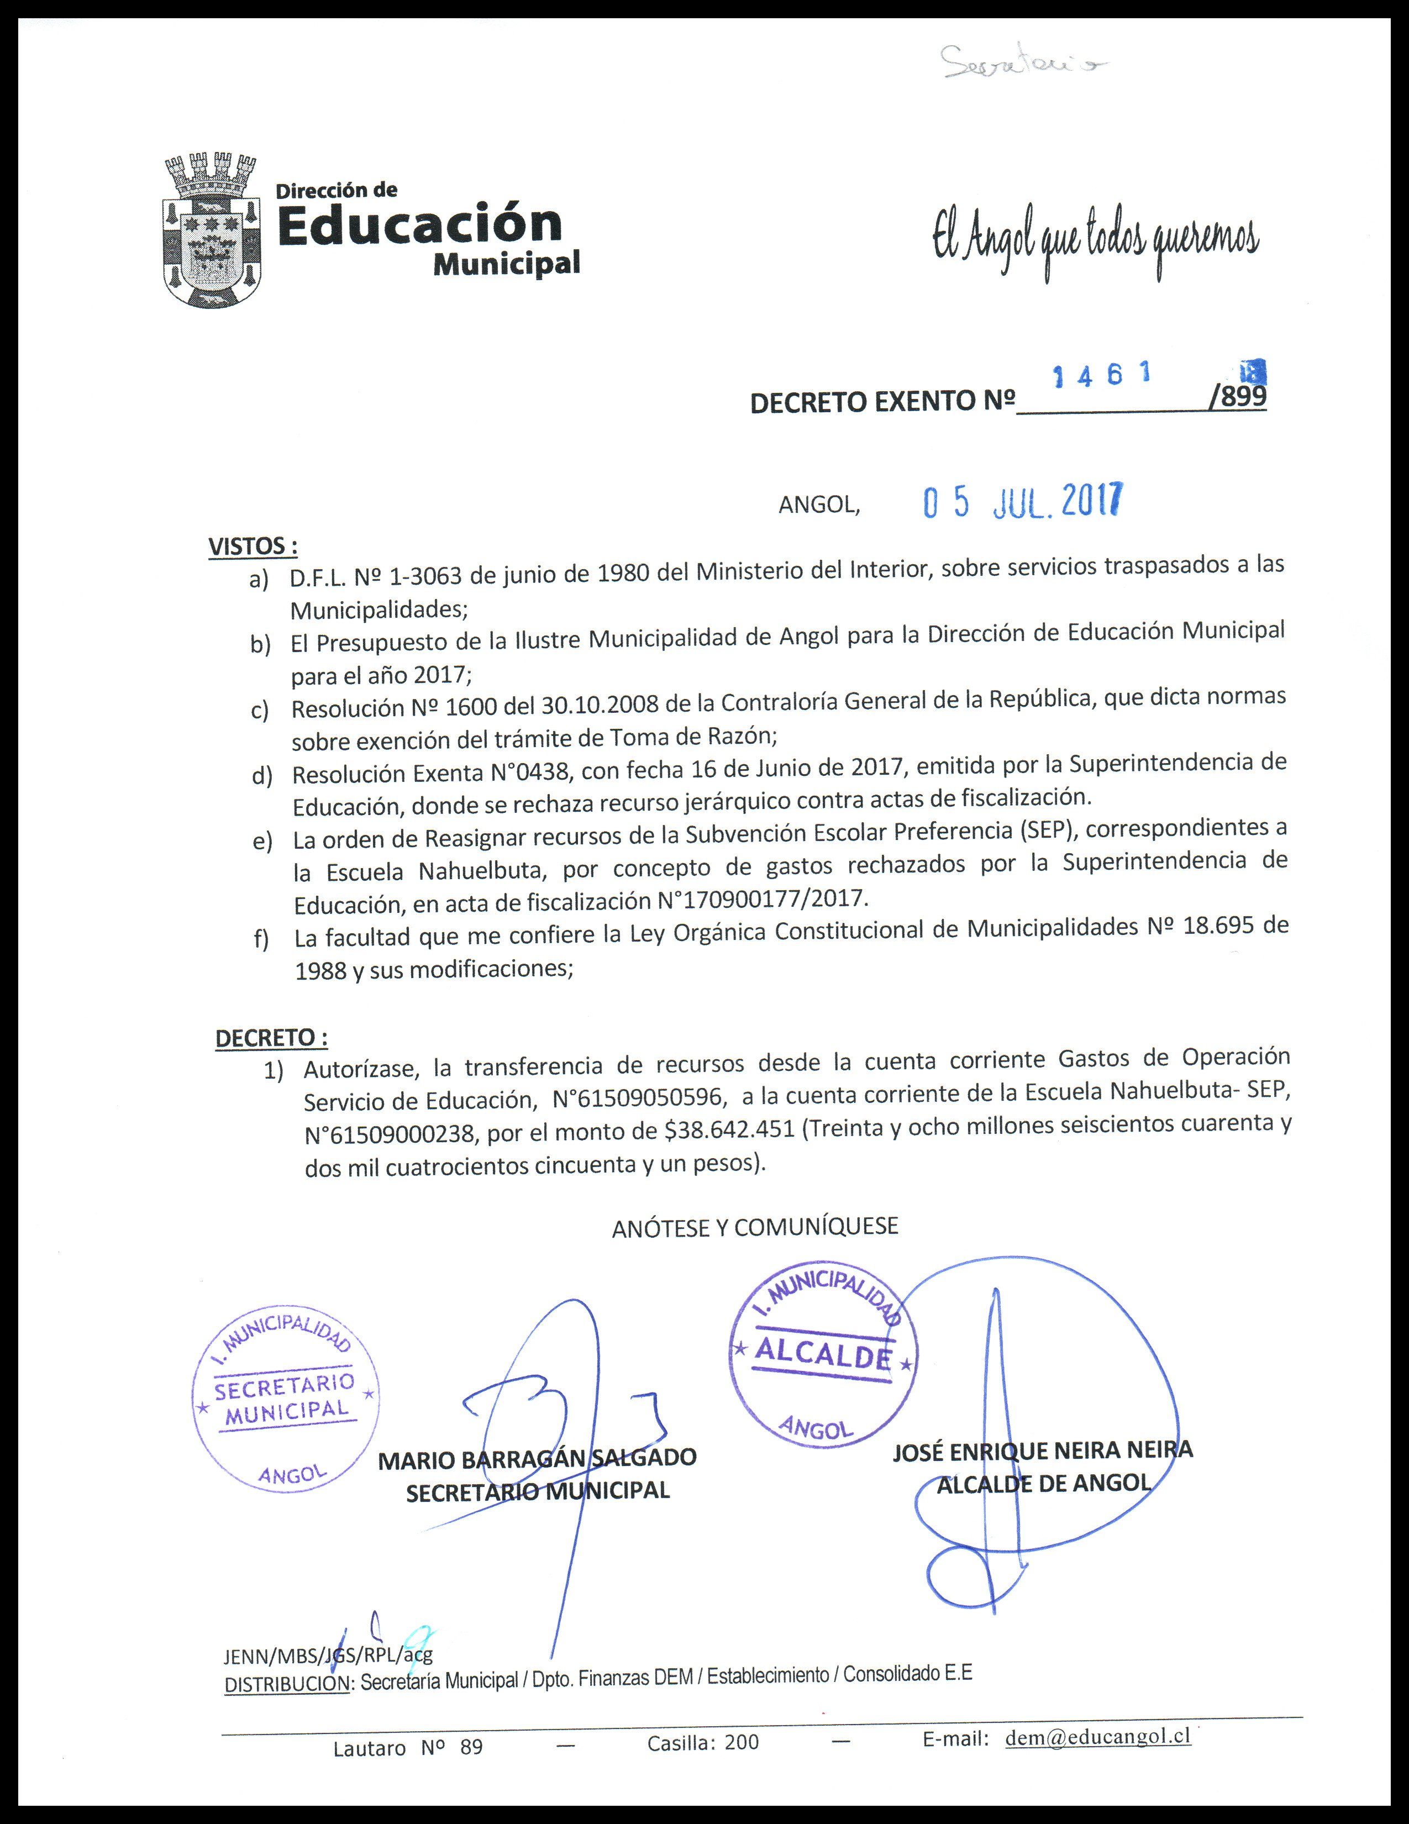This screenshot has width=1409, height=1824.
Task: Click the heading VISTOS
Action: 252,547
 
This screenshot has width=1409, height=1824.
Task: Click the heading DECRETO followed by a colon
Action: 271,1038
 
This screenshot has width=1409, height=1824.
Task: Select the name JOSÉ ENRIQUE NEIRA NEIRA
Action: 1042,1450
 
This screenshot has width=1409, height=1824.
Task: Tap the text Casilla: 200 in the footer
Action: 702,1741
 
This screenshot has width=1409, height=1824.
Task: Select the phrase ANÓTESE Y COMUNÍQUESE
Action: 755,1227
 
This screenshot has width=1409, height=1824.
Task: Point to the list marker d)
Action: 262,776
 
